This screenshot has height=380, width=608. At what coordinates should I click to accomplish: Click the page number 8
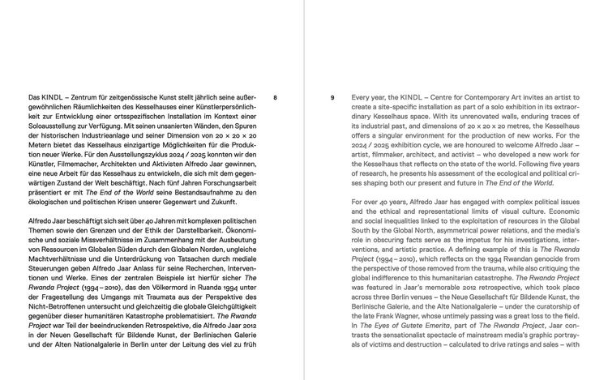click(x=275, y=97)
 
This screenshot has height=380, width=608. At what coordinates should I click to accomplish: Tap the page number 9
click(x=332, y=97)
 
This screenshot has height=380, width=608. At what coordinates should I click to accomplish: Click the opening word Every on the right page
click(x=362, y=97)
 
